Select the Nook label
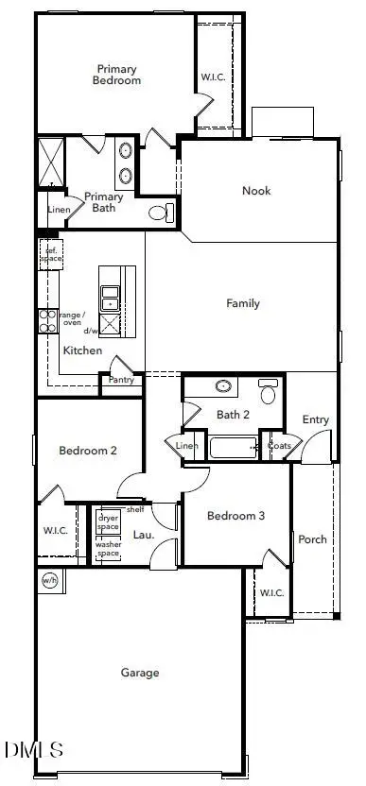pos(256,191)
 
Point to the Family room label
pos(243,303)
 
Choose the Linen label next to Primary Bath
pos(46,210)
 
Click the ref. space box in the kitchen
pos(48,253)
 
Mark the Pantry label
pos(121,380)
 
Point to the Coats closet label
pos(279,446)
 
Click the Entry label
pos(315,419)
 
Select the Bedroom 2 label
pos(88,451)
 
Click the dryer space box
pos(109,521)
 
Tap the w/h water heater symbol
pos(49,580)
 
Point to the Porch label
pos(312,539)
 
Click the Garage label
pos(140,673)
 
